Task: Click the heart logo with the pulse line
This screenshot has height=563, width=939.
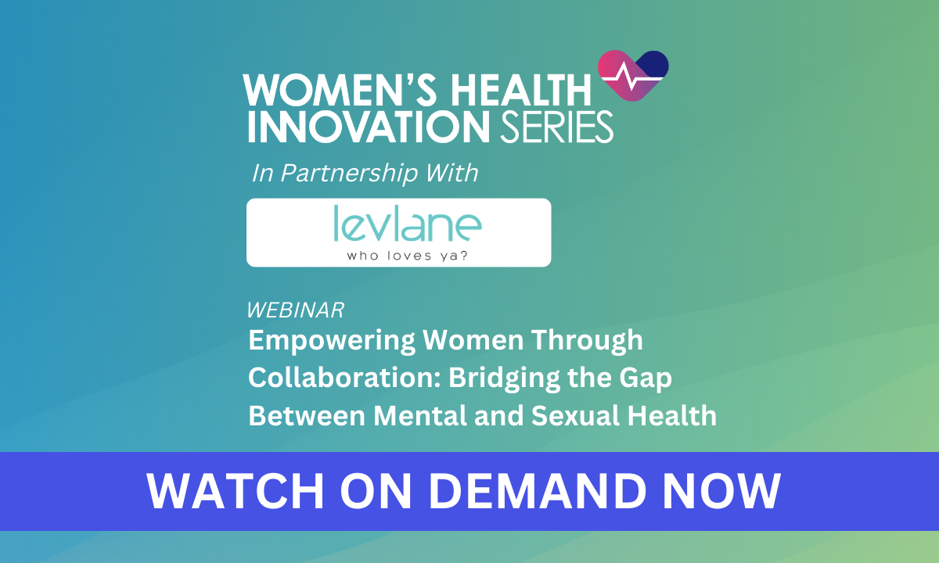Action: (633, 75)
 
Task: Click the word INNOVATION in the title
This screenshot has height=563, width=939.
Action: (369, 127)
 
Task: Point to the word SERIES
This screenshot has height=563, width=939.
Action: (556, 127)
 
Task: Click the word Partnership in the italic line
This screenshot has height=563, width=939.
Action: (349, 174)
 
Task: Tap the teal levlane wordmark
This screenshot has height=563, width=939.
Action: (408, 223)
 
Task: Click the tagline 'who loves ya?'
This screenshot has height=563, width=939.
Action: (407, 256)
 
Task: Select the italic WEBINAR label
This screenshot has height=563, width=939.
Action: (296, 310)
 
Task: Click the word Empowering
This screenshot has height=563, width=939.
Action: (332, 341)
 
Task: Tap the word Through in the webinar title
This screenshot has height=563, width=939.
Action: (588, 340)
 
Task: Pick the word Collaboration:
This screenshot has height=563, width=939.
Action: (344, 378)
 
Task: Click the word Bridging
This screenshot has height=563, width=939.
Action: (504, 378)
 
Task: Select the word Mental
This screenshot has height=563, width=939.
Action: (420, 416)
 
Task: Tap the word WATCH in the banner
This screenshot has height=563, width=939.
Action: (236, 491)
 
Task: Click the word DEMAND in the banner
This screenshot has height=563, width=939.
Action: (538, 491)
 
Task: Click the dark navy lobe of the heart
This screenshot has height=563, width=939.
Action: (654, 65)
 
